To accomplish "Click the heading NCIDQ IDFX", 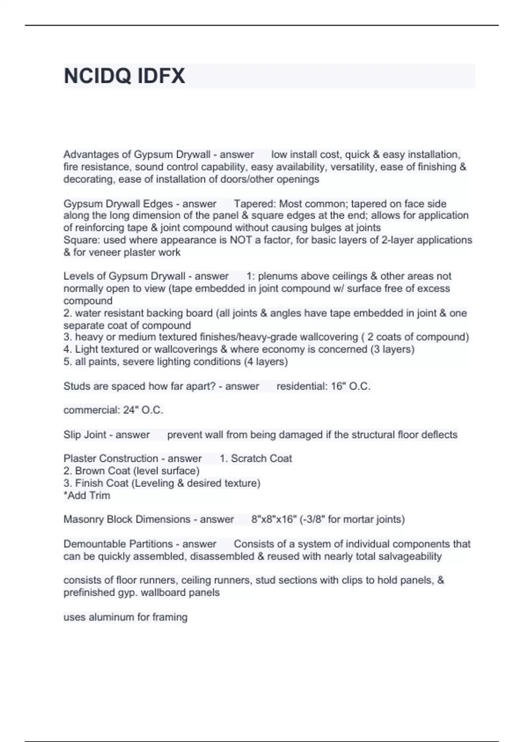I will click(124, 76).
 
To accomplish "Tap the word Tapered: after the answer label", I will click(255, 204).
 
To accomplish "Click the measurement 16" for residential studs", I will click(339, 386).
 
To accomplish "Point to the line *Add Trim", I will click(87, 495).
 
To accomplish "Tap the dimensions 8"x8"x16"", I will click(273, 519).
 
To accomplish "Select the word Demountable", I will click(90, 544).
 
